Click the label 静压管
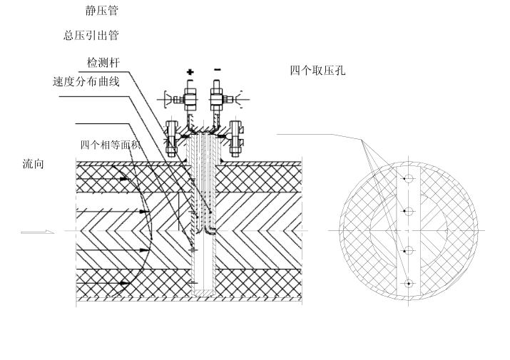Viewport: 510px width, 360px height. (x=101, y=11)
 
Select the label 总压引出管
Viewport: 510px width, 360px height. (x=91, y=36)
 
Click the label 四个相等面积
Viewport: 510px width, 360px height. (x=110, y=145)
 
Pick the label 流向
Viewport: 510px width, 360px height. (x=34, y=164)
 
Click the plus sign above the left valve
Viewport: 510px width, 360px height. (x=190, y=71)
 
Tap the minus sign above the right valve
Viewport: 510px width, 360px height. (x=217, y=70)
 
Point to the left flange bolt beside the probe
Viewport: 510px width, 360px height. (x=171, y=138)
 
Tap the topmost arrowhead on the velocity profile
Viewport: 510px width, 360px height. (x=124, y=179)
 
